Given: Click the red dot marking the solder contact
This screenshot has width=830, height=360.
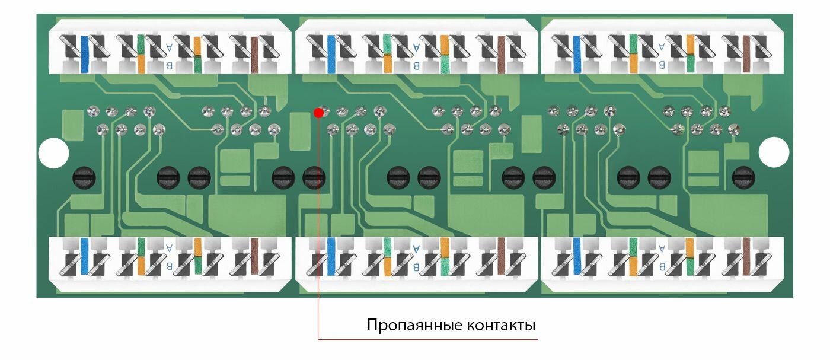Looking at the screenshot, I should pos(318,113).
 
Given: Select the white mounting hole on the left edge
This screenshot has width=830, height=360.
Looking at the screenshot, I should pos(53,153).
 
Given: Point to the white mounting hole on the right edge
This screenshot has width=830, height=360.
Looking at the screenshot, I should pos(774,152).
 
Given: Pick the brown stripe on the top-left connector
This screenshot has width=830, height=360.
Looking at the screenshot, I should pos(254,55).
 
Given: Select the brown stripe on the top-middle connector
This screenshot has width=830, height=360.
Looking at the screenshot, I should pos(501,55).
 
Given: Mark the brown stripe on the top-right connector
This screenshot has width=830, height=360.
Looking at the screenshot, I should pos(746,55).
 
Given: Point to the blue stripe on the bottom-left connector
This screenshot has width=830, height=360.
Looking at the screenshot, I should pos(85,256).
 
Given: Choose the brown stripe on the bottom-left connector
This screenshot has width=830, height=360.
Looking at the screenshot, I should pos(254,256).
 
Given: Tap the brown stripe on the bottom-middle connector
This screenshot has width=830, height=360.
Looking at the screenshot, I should pos(501,256).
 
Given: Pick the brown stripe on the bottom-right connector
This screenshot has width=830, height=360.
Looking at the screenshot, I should pos(746,256).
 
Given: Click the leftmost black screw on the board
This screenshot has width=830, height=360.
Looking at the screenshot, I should pos(83,176).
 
